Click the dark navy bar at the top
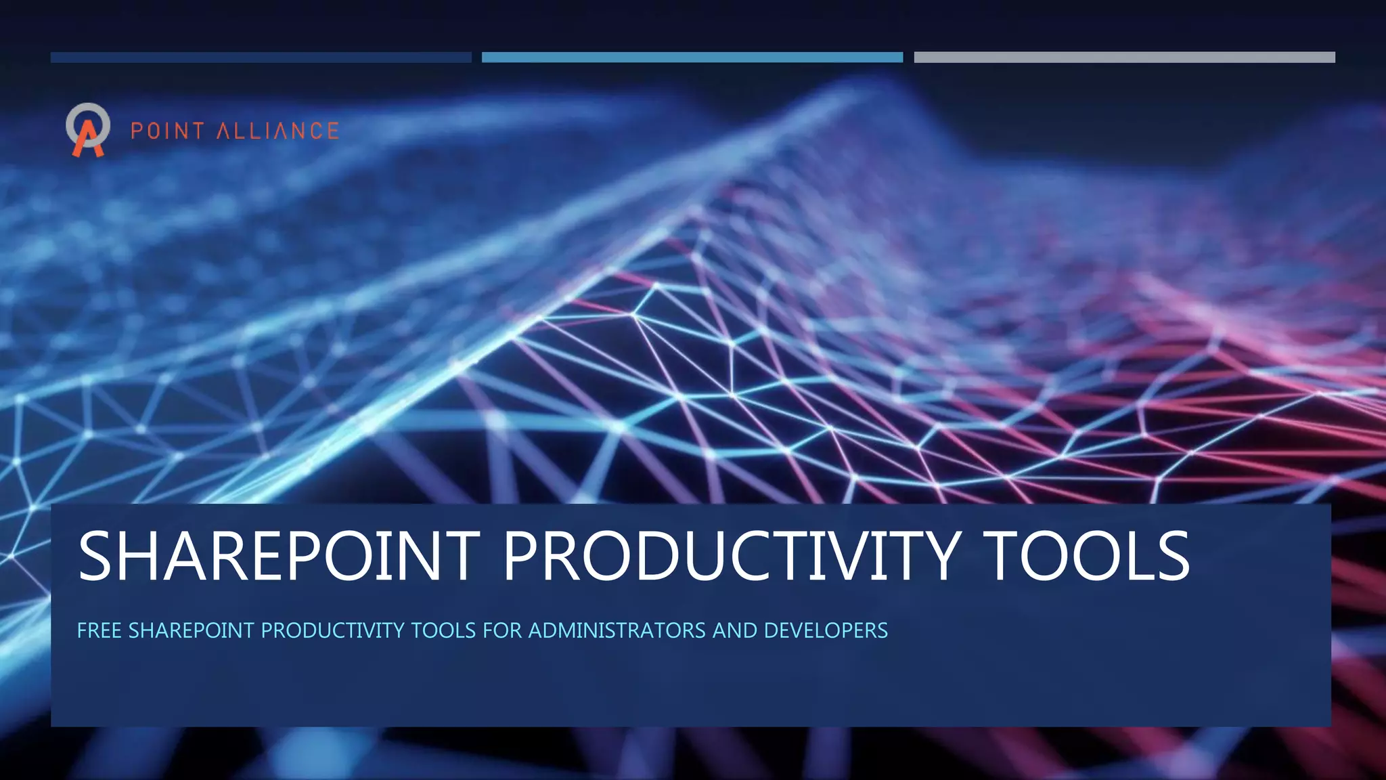click(x=261, y=58)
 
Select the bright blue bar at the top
click(x=692, y=58)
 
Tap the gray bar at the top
click(x=1124, y=58)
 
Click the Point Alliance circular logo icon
click(x=88, y=129)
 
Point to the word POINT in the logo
click(x=167, y=131)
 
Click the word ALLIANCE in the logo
click(x=277, y=131)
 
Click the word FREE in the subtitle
click(x=99, y=631)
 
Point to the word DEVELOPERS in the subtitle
click(x=826, y=631)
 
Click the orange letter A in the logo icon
click(x=88, y=139)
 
